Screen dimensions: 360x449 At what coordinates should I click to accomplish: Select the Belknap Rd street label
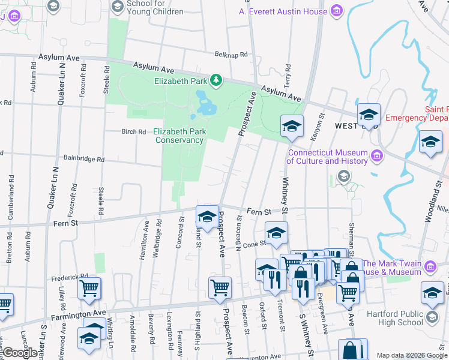pyautogui.click(x=231, y=55)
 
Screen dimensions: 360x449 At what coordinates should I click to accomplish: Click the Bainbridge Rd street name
pyautogui.click(x=84, y=160)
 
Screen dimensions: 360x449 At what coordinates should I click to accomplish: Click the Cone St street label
pyautogui.click(x=255, y=244)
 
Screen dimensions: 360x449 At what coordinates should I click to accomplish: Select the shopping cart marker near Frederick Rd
pyautogui.click(x=89, y=287)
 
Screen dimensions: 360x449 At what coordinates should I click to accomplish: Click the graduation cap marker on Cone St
pyautogui.click(x=276, y=232)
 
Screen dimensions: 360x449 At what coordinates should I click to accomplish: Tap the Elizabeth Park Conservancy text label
pyautogui.click(x=179, y=136)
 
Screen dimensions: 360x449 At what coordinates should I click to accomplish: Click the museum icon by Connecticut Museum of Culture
pyautogui.click(x=376, y=156)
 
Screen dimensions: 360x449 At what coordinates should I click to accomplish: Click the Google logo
pyautogui.click(x=19, y=353)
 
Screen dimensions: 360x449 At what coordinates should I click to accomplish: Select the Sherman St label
pyautogui.click(x=352, y=234)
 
